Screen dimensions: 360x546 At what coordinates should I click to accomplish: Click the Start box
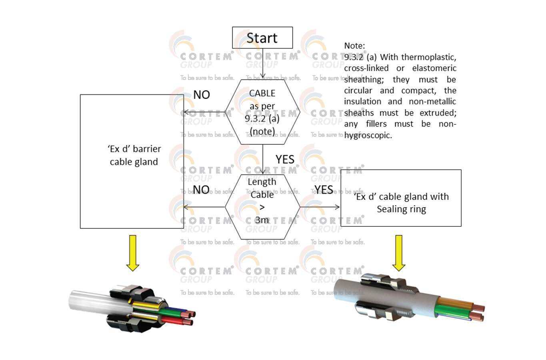tap(262, 38)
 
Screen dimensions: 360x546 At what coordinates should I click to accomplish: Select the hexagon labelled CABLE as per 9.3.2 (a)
tap(262, 112)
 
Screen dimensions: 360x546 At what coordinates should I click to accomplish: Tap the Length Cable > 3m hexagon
tap(262, 207)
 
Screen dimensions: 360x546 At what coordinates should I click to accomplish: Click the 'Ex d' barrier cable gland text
tap(134, 155)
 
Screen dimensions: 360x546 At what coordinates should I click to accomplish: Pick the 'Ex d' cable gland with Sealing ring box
tap(401, 198)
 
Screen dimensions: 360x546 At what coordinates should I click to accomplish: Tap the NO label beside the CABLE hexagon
tap(202, 95)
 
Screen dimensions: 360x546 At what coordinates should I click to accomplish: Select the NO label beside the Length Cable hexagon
tap(201, 189)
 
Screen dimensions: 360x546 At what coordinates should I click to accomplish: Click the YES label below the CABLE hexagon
tap(285, 159)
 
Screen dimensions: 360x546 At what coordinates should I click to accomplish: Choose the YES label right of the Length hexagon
tap(324, 189)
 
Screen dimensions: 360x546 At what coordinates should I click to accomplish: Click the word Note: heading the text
tap(354, 46)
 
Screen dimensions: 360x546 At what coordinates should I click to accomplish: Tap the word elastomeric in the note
tap(434, 68)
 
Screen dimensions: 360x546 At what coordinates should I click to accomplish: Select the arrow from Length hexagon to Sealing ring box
tap(320, 207)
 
